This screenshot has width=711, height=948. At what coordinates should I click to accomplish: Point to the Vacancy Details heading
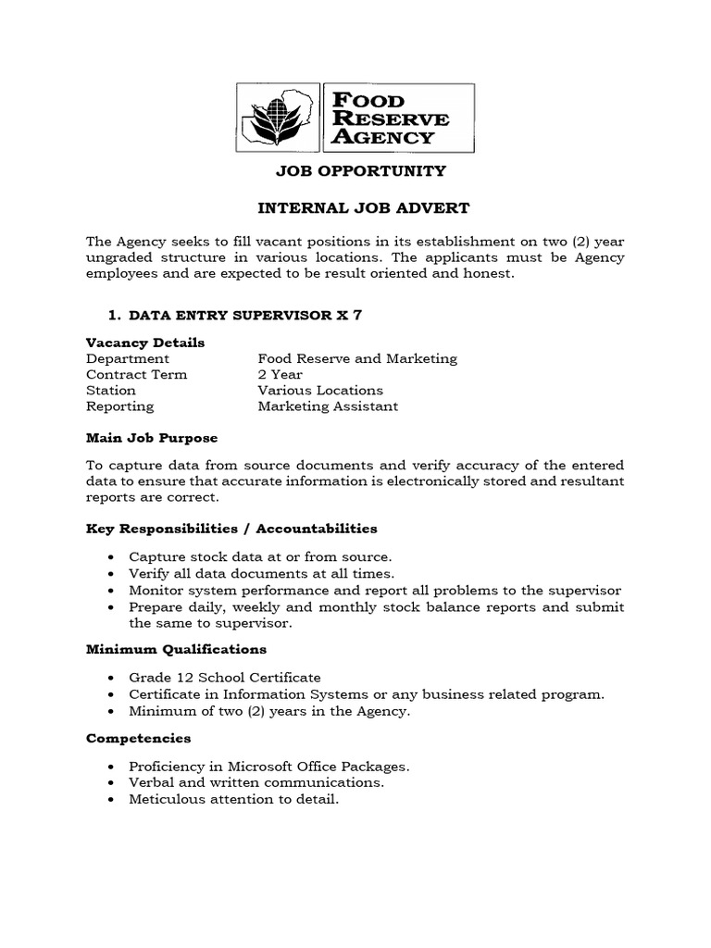[145, 343]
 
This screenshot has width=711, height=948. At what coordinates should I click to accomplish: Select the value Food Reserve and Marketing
[357, 358]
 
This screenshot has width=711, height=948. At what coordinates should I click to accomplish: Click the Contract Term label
[136, 374]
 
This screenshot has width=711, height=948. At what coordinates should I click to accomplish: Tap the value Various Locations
[320, 390]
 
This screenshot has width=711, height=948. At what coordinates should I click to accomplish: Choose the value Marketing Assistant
[328, 405]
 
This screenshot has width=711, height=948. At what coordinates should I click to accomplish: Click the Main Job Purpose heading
[152, 438]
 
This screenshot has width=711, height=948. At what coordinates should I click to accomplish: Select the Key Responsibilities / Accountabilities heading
[231, 529]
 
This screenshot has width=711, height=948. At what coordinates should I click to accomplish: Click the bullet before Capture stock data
[111, 557]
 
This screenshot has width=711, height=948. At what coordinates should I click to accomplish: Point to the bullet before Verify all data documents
[111, 574]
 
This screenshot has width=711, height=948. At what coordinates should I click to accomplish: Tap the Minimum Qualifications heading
[176, 649]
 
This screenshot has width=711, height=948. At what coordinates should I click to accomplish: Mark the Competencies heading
[138, 738]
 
